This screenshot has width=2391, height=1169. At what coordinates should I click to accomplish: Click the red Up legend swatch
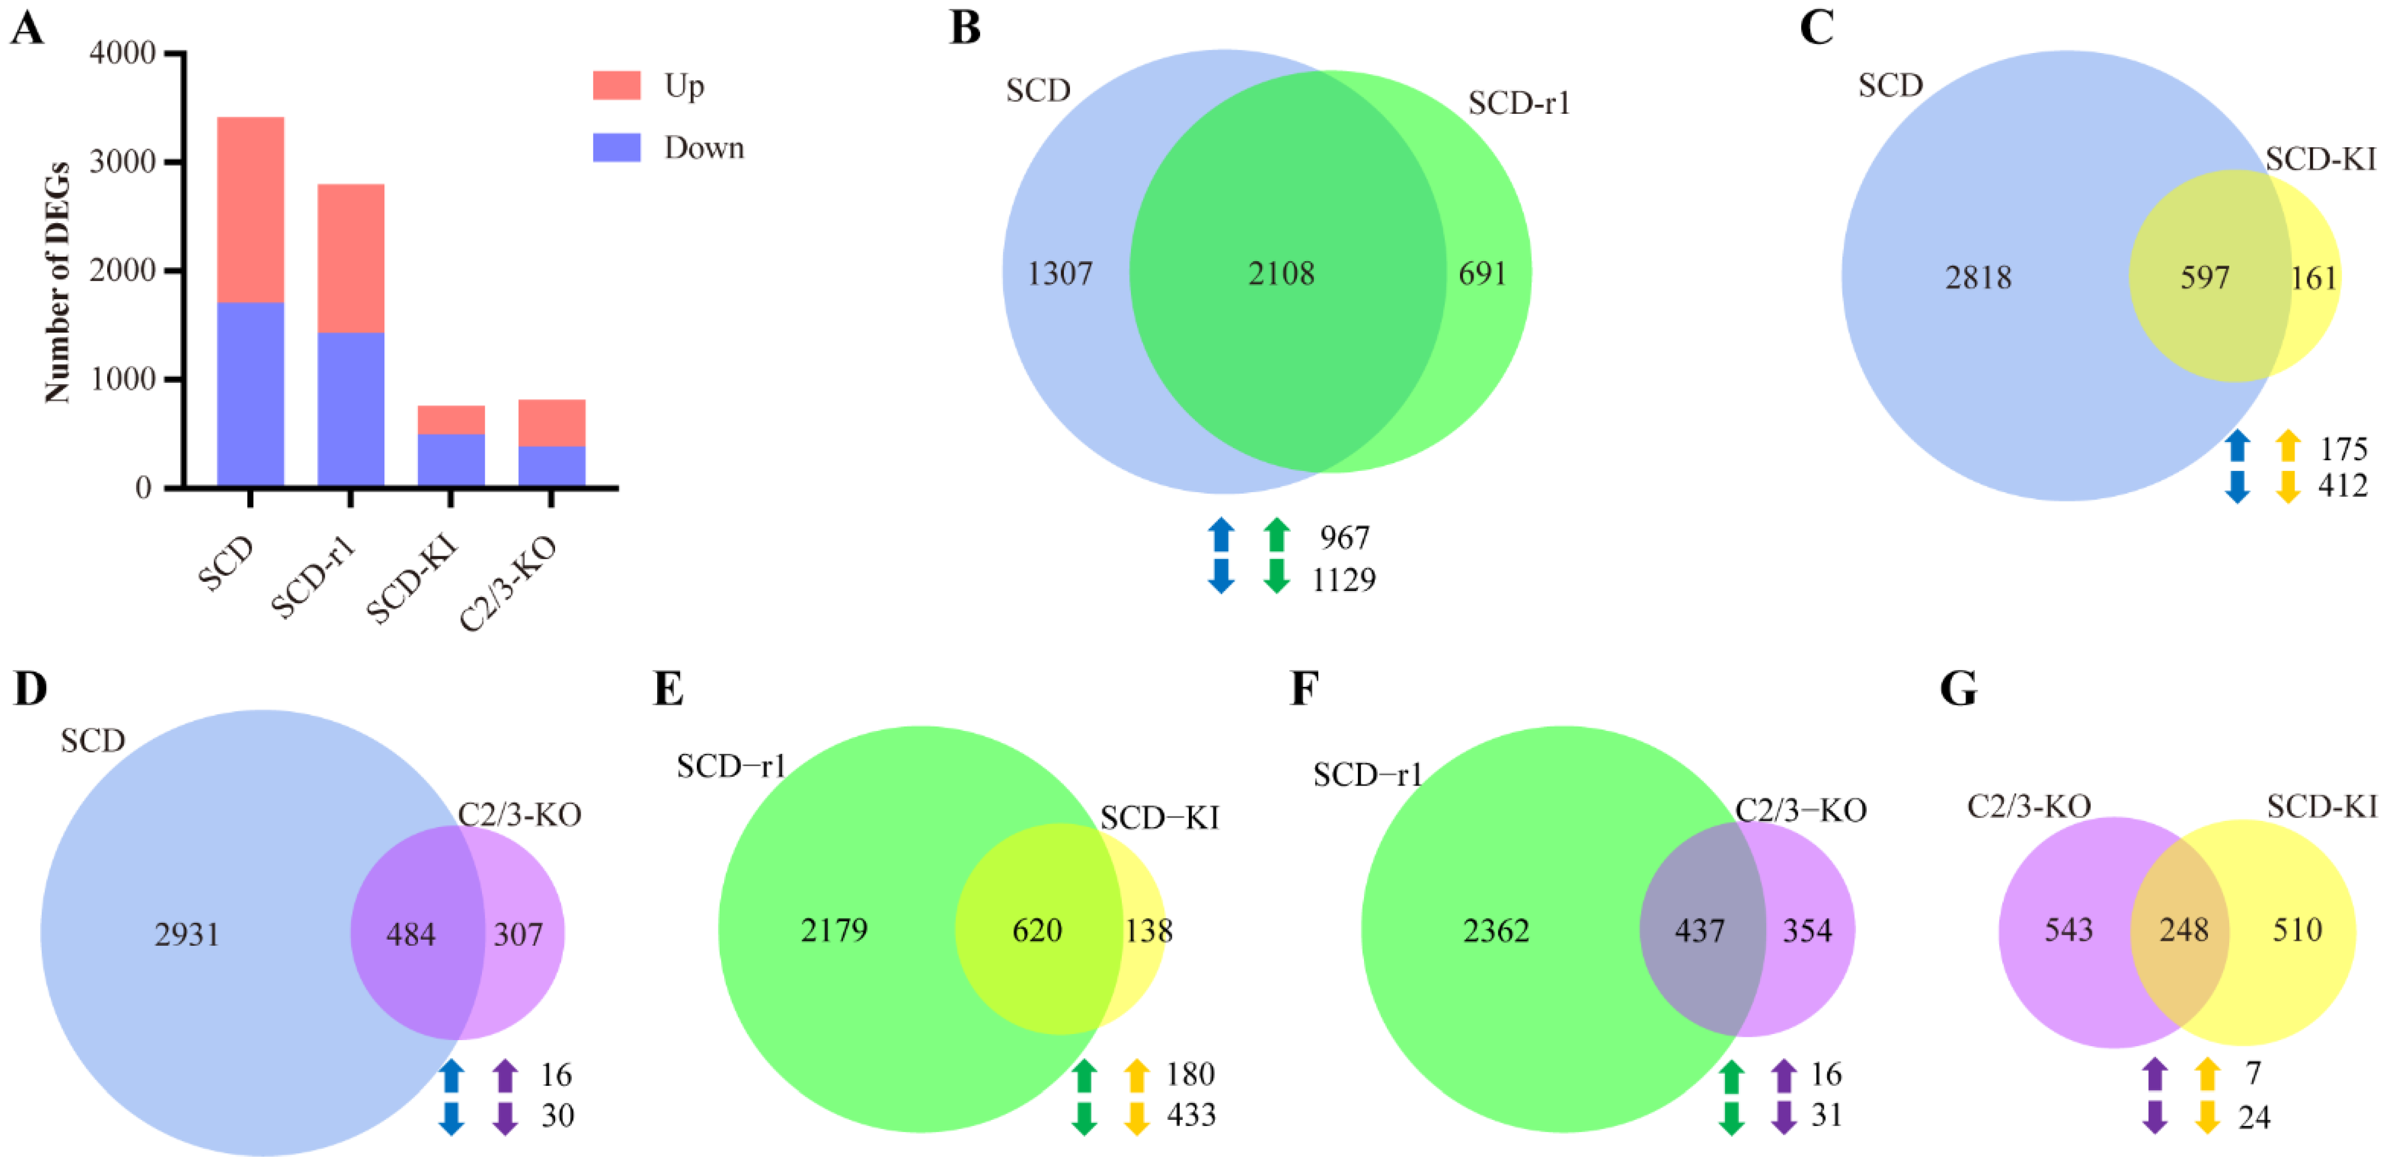(x=616, y=85)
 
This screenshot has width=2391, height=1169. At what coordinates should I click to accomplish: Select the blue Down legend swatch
(x=616, y=148)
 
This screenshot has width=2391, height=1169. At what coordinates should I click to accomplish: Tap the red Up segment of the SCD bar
(x=250, y=209)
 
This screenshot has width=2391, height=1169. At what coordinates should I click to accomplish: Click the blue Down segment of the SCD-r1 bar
(x=351, y=408)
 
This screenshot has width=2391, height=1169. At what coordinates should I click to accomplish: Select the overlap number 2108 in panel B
(x=1281, y=274)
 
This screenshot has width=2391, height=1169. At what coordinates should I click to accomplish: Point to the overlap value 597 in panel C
(x=2205, y=278)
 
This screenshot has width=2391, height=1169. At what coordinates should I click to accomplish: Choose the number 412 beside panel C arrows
(x=2342, y=485)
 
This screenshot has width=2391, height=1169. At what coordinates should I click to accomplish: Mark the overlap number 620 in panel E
(x=1037, y=930)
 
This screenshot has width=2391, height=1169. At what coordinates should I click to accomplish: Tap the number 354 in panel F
(x=1807, y=930)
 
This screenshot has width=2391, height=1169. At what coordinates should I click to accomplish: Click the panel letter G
(x=1959, y=690)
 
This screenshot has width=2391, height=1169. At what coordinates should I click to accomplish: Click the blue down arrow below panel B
(x=1222, y=576)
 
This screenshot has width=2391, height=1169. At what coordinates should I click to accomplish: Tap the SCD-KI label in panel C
(x=2321, y=160)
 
